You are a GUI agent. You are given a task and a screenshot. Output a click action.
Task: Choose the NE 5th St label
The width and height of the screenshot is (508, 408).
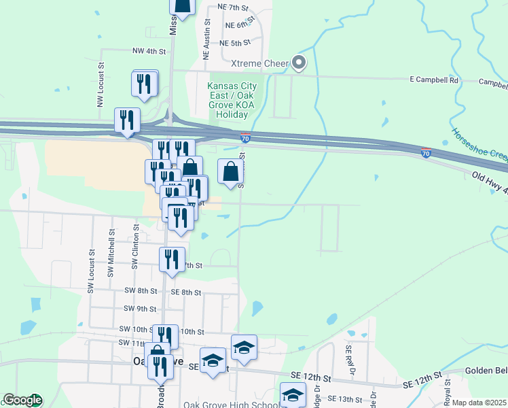tap(236, 43)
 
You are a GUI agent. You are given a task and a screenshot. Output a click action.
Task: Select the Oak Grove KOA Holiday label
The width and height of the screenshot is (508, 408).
tap(232, 101)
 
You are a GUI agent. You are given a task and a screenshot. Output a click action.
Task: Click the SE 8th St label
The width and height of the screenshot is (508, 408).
tap(186, 292)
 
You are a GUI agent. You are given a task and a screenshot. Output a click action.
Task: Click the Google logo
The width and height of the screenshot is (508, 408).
tap(22, 401)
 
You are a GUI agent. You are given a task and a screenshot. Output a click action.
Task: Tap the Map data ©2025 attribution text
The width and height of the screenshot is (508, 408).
tap(478, 403)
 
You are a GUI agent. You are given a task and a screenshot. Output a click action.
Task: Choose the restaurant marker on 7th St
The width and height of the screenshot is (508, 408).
tap(171, 260)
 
